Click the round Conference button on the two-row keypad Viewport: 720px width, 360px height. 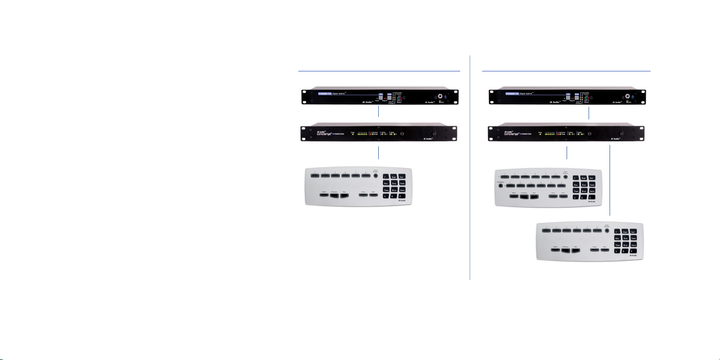coord(501,186)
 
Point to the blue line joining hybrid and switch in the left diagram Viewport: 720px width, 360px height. coord(379,111)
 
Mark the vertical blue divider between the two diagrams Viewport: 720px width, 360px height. coord(470,170)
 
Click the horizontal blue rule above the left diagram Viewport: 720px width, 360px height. coord(379,71)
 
